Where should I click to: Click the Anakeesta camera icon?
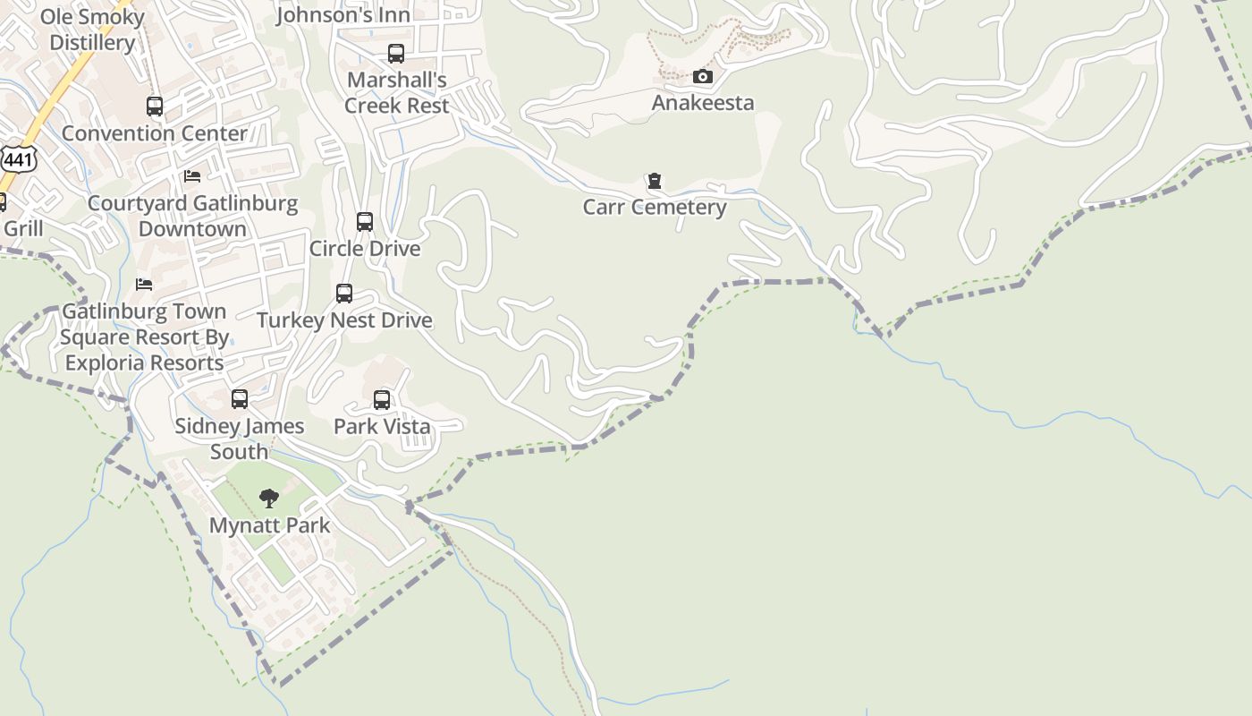(703, 77)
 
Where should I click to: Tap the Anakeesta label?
(702, 103)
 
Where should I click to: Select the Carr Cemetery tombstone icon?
(655, 182)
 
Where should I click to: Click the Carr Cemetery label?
(655, 208)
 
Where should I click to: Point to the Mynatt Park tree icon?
(268, 499)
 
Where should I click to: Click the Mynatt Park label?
(269, 525)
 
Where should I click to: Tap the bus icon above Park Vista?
(382, 400)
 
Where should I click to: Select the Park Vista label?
(382, 427)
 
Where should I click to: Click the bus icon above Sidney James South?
(240, 399)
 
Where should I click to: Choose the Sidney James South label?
(239, 439)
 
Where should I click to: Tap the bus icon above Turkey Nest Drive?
(344, 294)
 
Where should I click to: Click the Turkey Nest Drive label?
(344, 320)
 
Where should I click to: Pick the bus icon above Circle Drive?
(365, 222)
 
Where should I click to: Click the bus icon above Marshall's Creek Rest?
(396, 54)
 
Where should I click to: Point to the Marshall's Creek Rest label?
(396, 93)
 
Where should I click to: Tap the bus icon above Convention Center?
(155, 107)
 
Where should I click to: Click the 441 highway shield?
(16, 159)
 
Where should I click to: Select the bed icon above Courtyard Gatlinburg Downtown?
(192, 176)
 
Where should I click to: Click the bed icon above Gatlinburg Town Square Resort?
(144, 285)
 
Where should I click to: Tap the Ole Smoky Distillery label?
(92, 30)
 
